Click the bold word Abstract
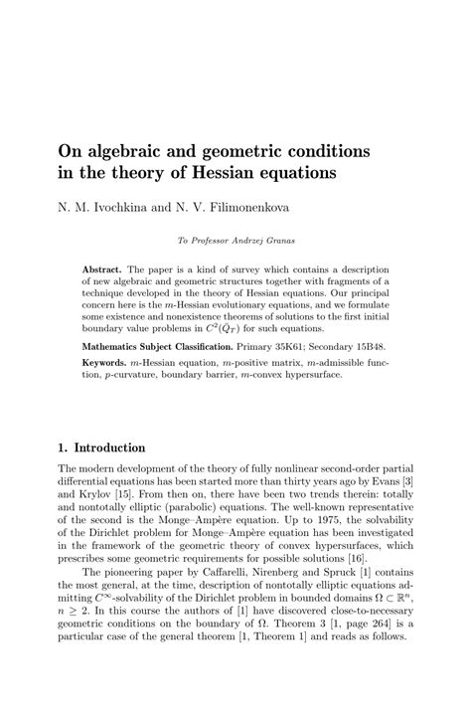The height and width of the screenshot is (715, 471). [x=102, y=269]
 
